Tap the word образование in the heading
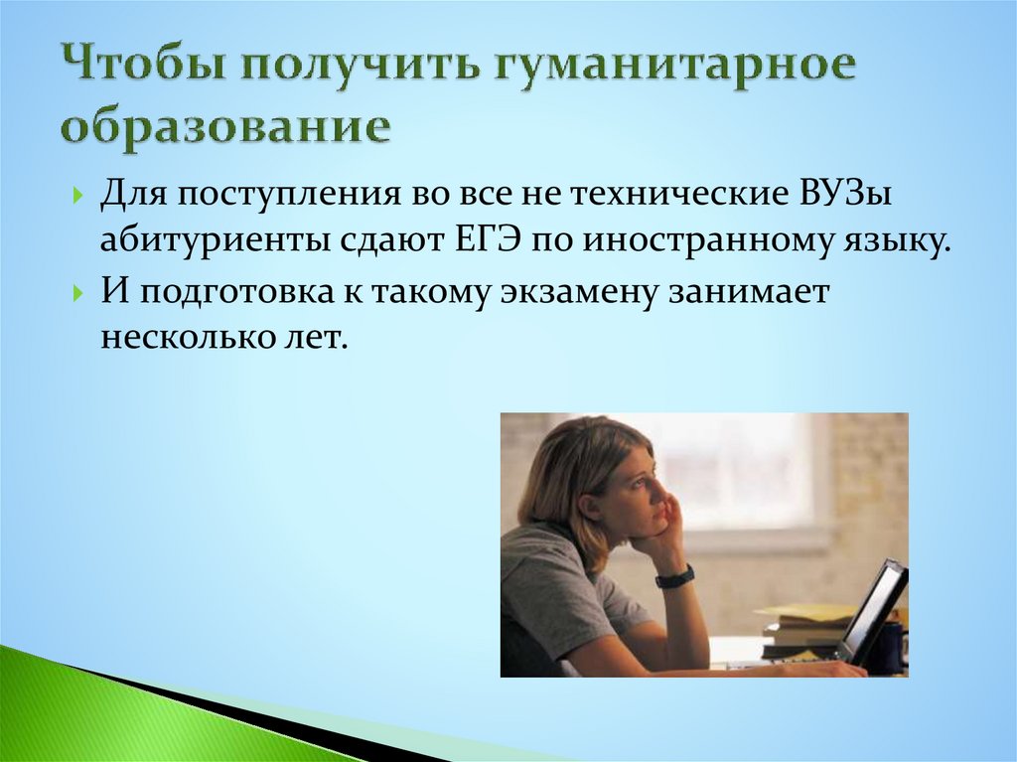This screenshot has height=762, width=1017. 223,130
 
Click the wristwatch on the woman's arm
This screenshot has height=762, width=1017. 674,576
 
